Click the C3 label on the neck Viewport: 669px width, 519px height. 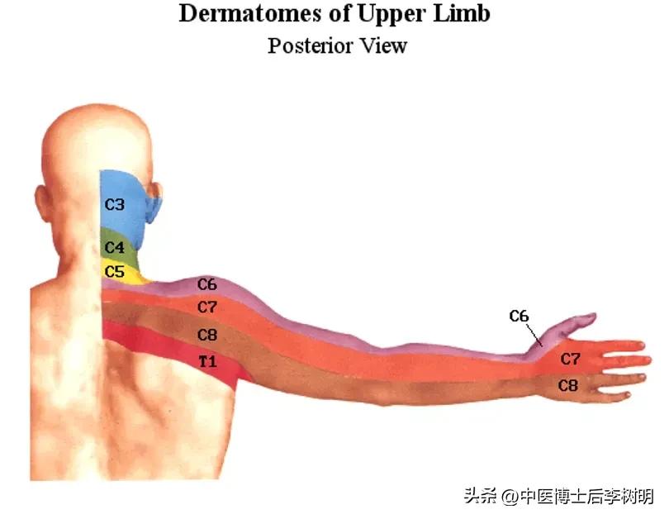pyautogui.click(x=114, y=203)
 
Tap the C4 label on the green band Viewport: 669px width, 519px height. pyautogui.click(x=114, y=248)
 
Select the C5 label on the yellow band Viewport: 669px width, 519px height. pyautogui.click(x=114, y=270)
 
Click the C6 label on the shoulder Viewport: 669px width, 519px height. pyautogui.click(x=206, y=284)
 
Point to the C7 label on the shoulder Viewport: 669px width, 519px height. pyautogui.click(x=206, y=307)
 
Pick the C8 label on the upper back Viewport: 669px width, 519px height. pyautogui.click(x=206, y=335)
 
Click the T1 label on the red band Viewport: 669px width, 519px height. pyautogui.click(x=206, y=361)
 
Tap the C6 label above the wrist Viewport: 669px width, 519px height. pyautogui.click(x=519, y=316)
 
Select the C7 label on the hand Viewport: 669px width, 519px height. pyautogui.click(x=570, y=359)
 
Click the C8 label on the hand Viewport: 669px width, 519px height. pyautogui.click(x=567, y=385)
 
